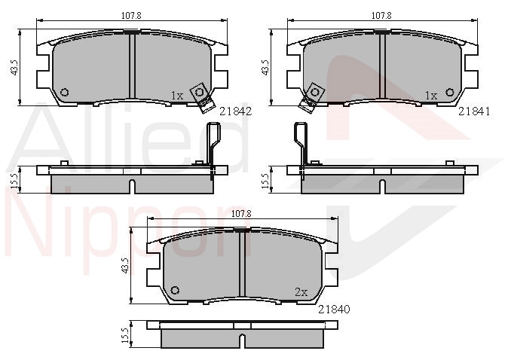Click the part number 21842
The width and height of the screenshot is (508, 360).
235,111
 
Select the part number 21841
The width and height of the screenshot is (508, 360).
474,111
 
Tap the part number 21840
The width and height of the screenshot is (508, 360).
334,310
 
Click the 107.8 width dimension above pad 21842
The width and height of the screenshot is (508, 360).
131,15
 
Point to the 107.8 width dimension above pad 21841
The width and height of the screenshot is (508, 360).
381,15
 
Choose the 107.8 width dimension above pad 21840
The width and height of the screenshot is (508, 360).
241,214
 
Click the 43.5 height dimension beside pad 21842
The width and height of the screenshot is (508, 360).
14,67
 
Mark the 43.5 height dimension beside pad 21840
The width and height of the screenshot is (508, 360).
124,265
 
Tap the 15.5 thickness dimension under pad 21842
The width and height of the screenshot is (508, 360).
14,180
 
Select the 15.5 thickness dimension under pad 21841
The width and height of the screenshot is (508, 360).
265,180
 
